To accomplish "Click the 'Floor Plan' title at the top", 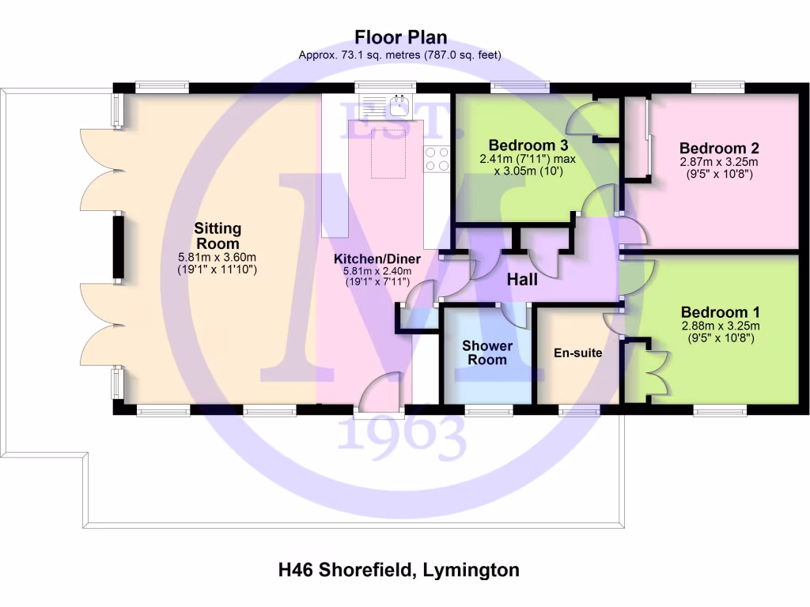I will pyautogui.click(x=400, y=37).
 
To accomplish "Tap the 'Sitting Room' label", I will pyautogui.click(x=217, y=236).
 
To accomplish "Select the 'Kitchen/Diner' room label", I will pyautogui.click(x=377, y=259).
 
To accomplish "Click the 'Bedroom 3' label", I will pyautogui.click(x=517, y=145).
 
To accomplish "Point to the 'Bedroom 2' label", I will pyautogui.click(x=718, y=149).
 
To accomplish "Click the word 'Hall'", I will pyautogui.click(x=522, y=280).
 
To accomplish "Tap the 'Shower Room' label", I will pyautogui.click(x=487, y=353).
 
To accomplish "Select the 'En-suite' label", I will pyautogui.click(x=577, y=353).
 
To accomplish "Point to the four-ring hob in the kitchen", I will pyautogui.click(x=437, y=158).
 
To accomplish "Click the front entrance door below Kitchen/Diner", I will pyautogui.click(x=380, y=394).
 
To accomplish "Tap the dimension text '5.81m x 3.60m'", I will pyautogui.click(x=217, y=258).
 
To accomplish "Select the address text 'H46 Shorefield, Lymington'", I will pyautogui.click(x=399, y=569).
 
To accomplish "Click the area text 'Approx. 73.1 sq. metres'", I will pyautogui.click(x=363, y=55).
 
